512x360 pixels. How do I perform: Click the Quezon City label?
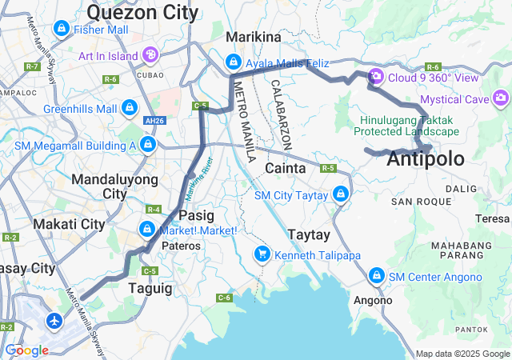point(142,12)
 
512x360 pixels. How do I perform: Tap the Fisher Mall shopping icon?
point(62,30)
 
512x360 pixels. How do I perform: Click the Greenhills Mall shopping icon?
point(129,107)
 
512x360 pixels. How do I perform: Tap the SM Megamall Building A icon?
point(147,144)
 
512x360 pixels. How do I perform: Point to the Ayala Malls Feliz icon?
point(233,62)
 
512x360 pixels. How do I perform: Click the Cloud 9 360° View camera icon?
point(375,78)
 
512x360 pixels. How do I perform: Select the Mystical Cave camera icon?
point(501,98)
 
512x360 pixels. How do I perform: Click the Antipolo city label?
point(425,159)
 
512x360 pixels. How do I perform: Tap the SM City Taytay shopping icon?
point(342,194)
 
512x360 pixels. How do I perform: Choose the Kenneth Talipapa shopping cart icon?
point(262,254)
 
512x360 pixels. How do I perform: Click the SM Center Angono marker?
point(376,276)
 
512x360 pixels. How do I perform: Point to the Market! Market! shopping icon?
point(147,230)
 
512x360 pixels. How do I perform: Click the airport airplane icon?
point(54,321)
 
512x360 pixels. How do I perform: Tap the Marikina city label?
point(254,37)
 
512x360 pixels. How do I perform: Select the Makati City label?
point(70,224)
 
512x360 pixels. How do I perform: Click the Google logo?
point(26,350)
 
